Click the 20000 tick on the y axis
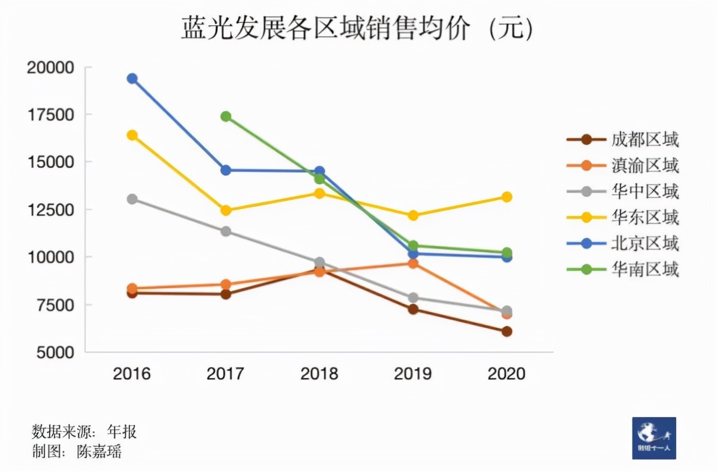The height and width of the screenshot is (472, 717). (51, 68)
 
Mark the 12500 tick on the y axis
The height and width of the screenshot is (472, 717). (51, 210)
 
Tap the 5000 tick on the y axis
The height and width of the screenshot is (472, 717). (54, 352)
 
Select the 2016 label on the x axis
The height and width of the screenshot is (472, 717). (132, 374)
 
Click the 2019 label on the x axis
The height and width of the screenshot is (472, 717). (413, 374)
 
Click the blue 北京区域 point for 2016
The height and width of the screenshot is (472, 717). (132, 78)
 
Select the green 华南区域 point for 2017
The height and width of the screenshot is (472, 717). (226, 116)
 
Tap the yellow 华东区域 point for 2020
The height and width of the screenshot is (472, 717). (507, 197)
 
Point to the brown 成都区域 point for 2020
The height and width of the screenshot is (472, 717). (507, 332)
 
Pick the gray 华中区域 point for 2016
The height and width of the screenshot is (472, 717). (132, 199)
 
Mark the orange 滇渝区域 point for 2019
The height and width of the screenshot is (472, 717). (413, 263)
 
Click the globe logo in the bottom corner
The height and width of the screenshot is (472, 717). (654, 438)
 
